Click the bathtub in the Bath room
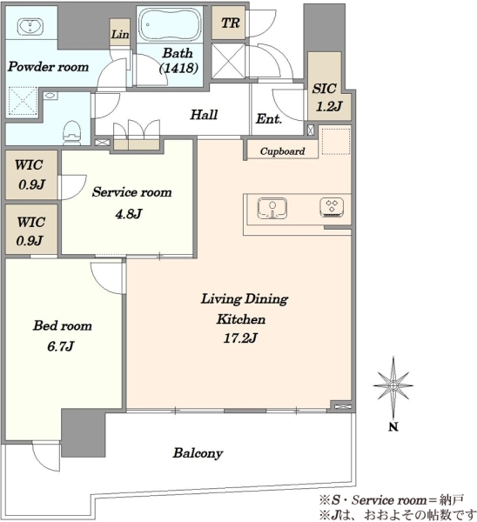pos(170,24)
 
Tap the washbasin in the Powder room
pos(30,26)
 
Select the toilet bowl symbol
pos(71,132)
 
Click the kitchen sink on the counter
pos(272,209)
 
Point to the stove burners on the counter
pos(332,207)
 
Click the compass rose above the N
pos(393,386)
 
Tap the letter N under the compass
pos(393,427)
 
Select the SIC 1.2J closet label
pos(328,97)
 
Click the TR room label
pos(230,23)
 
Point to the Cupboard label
pos(283,151)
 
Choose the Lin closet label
pos(120,34)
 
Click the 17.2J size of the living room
pos(240,338)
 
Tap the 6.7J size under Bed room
pos(60,346)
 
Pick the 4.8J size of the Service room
pos(129,213)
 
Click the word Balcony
pos(198,453)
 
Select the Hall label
pos(204,115)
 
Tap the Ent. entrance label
pos(269,119)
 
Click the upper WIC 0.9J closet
pos(31,175)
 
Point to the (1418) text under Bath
pos(179,68)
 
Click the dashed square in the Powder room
pos(23,101)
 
